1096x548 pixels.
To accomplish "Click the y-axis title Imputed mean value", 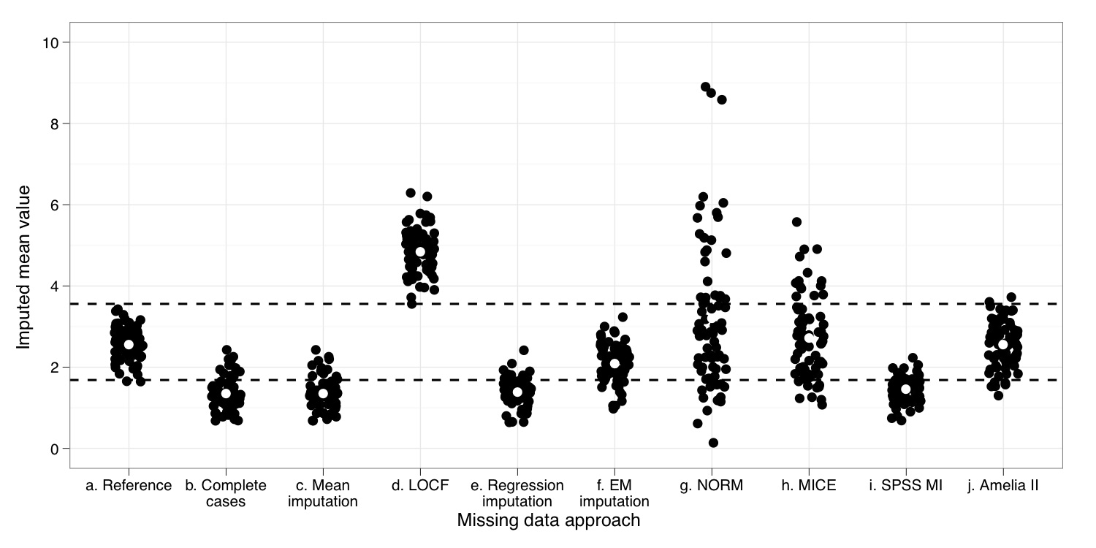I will [23, 267].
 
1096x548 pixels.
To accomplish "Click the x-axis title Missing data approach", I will [548, 520].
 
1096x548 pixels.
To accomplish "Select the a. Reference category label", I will [129, 486].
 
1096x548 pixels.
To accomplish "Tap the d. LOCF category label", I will [420, 486].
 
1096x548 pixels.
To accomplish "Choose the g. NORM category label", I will [711, 486].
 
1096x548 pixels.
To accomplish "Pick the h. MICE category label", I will [808, 486].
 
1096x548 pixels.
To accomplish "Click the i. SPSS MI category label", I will [905, 486].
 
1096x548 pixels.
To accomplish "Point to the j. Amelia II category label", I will [1002, 486].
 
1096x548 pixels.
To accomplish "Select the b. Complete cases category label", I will [225, 493].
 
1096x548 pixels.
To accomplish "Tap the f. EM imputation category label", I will [614, 493].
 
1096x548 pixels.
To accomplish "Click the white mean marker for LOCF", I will [420, 251].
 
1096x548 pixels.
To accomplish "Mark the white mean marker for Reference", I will [129, 344].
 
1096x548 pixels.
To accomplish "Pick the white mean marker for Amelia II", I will [1002, 344].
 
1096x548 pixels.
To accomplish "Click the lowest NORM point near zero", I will [713, 443].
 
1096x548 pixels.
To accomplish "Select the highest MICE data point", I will [797, 221].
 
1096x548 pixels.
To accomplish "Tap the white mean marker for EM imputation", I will [614, 363].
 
